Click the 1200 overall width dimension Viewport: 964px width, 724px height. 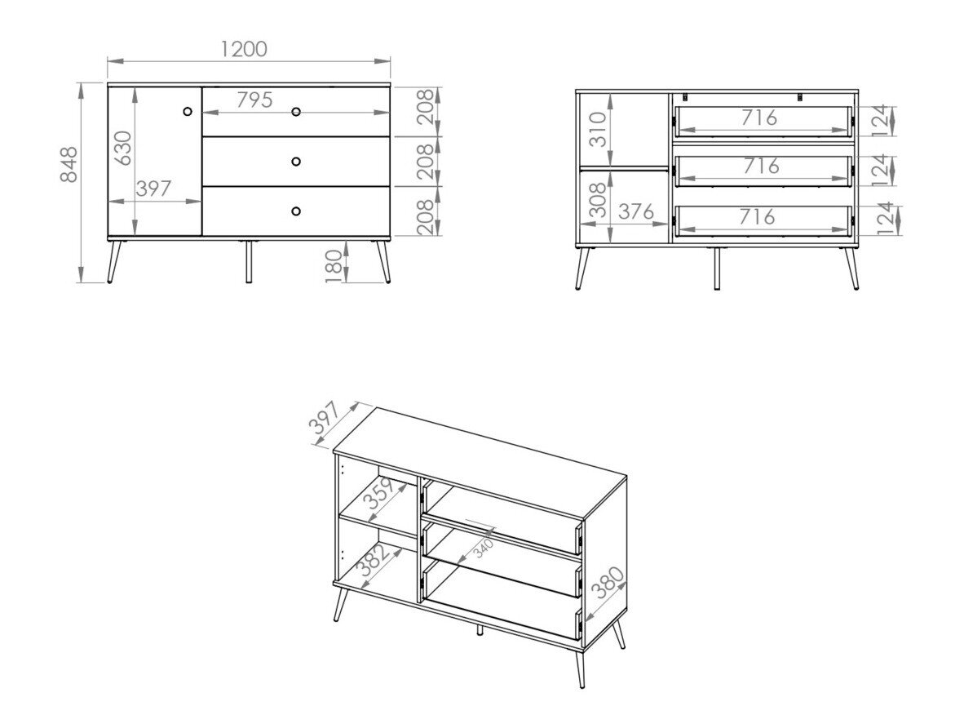244,49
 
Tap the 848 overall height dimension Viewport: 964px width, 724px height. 69,164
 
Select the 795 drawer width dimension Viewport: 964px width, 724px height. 254,100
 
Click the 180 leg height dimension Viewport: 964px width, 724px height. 334,266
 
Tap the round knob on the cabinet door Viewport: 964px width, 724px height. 188,111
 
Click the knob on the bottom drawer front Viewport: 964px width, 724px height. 296,211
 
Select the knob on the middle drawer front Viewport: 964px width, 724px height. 296,161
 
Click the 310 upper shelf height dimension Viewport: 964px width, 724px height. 599,129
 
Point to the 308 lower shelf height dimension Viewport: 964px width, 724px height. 599,201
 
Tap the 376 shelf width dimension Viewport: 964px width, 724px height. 635,211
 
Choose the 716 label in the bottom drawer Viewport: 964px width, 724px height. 758,216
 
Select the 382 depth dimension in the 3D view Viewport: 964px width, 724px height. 375,559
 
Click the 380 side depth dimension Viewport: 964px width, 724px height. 608,584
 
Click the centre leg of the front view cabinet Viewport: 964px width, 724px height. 249,261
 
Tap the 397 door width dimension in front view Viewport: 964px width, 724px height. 153,189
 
